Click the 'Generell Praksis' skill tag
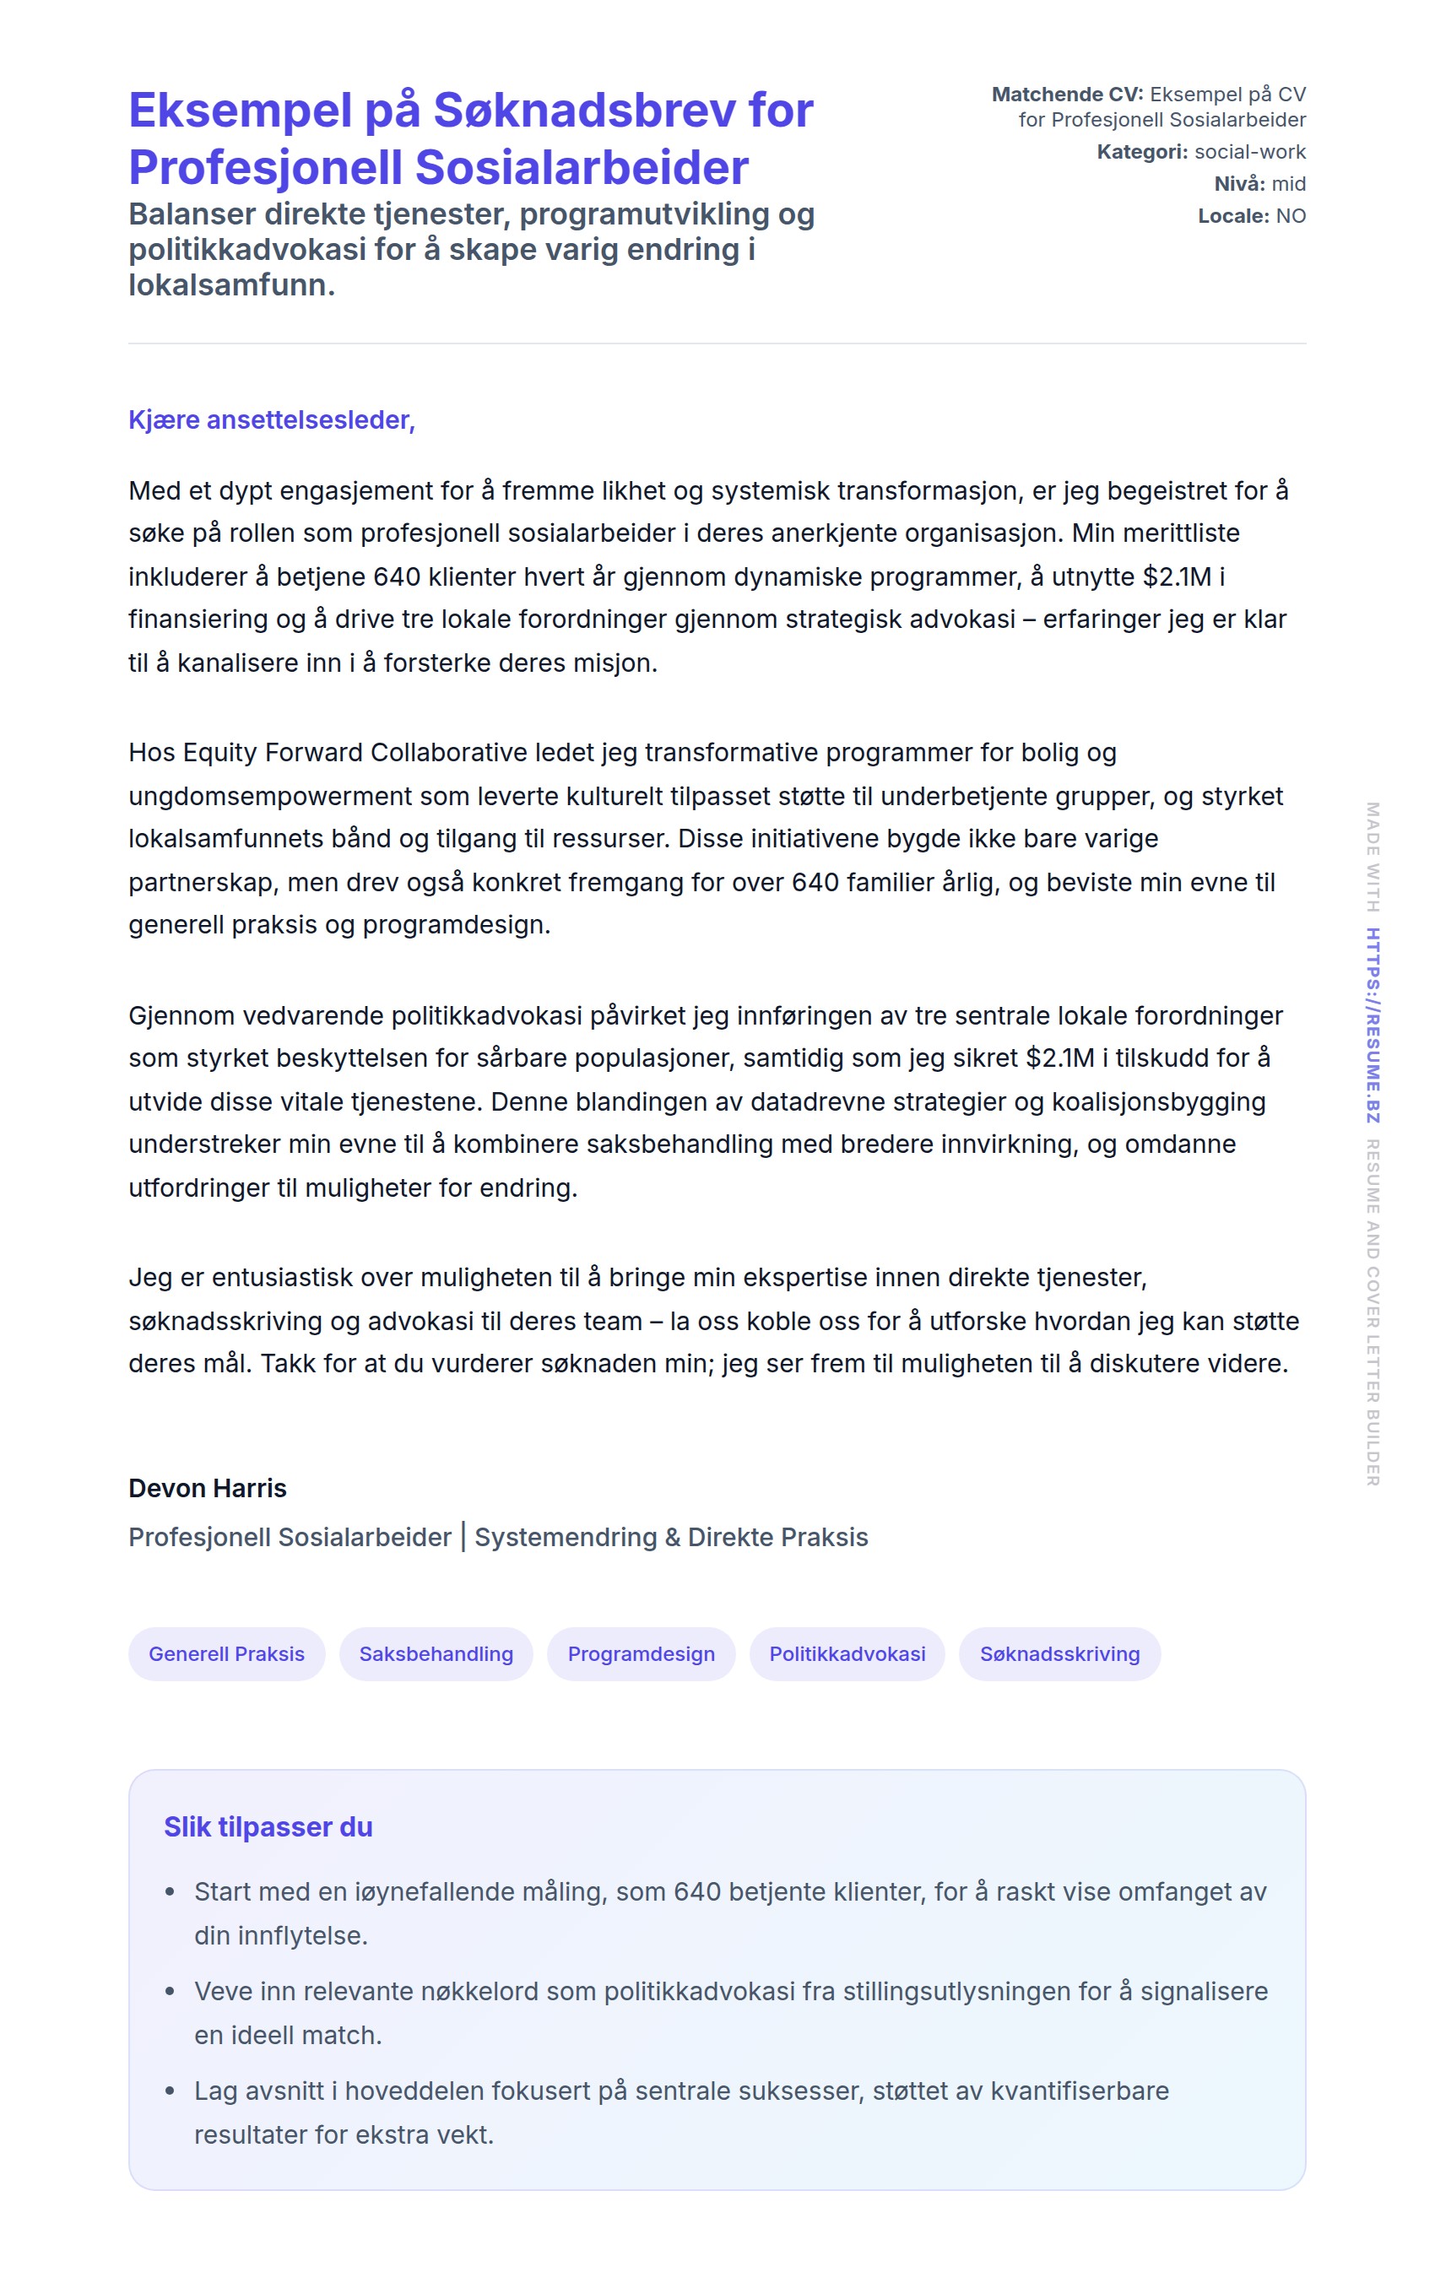226,1654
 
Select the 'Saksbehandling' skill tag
436,1654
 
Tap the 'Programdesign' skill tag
641,1654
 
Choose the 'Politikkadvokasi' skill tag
847,1654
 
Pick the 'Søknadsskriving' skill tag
1059,1654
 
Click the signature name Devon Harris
208,1488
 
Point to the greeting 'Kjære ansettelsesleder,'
272,419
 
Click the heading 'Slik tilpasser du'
268,1826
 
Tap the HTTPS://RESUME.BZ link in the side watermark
1373,1025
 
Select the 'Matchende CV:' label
1067,95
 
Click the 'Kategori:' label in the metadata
1141,152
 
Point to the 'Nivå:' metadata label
1239,184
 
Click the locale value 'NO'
1291,216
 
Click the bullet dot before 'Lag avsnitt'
170,2091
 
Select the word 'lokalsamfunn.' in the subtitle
232,285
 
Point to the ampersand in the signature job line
672,1537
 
